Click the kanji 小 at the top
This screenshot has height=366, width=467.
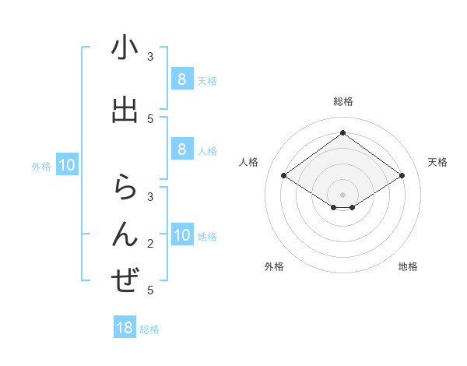125,48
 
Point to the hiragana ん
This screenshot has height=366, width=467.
125,234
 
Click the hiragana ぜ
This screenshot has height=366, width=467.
125,280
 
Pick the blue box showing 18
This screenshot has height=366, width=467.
125,328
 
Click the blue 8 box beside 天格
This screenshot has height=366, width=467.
181,79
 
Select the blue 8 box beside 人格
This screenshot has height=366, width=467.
181,150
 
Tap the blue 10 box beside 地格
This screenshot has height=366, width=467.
181,235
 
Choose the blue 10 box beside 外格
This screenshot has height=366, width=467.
67,165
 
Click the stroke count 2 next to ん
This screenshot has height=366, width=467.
150,244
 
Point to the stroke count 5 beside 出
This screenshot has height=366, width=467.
150,118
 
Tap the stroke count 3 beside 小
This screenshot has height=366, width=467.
150,57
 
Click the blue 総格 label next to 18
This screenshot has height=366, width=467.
149,329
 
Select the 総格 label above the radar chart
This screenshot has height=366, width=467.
342,101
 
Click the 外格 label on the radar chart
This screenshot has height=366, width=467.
274,267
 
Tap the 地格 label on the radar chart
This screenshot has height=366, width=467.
408,267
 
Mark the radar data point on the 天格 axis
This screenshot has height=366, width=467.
402,176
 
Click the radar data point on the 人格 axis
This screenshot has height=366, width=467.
283,176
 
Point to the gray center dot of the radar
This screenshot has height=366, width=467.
342,194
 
